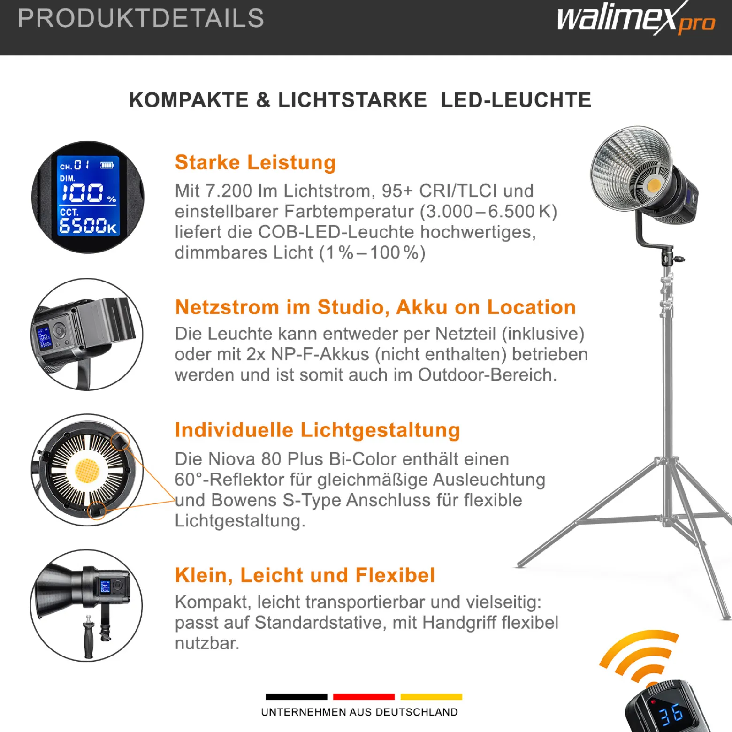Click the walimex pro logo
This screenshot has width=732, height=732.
[x=636, y=19]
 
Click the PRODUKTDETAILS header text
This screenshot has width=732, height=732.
[x=141, y=18]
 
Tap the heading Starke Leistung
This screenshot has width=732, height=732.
[x=255, y=162]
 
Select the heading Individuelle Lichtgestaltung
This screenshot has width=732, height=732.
[x=317, y=430]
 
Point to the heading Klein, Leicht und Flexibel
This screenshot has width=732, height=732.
[x=305, y=575]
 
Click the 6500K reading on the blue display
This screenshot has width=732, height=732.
[x=88, y=226]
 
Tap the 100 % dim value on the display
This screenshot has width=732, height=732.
[x=88, y=192]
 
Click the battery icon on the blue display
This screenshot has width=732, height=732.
[x=107, y=165]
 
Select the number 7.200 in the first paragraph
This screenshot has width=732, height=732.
[x=229, y=191]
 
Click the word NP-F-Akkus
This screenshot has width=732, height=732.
[x=320, y=354]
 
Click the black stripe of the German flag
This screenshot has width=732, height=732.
[x=296, y=697]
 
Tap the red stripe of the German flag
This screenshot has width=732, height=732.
[x=364, y=697]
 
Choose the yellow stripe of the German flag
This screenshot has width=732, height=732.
[x=431, y=697]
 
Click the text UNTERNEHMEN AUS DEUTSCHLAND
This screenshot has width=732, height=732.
[x=359, y=712]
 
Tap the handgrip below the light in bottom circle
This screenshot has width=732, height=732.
[x=89, y=636]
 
